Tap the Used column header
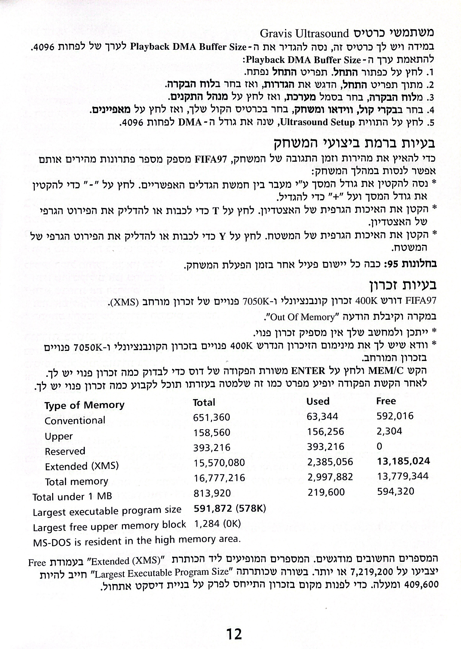click(318, 401)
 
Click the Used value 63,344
click(323, 416)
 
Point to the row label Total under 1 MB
click(72, 497)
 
